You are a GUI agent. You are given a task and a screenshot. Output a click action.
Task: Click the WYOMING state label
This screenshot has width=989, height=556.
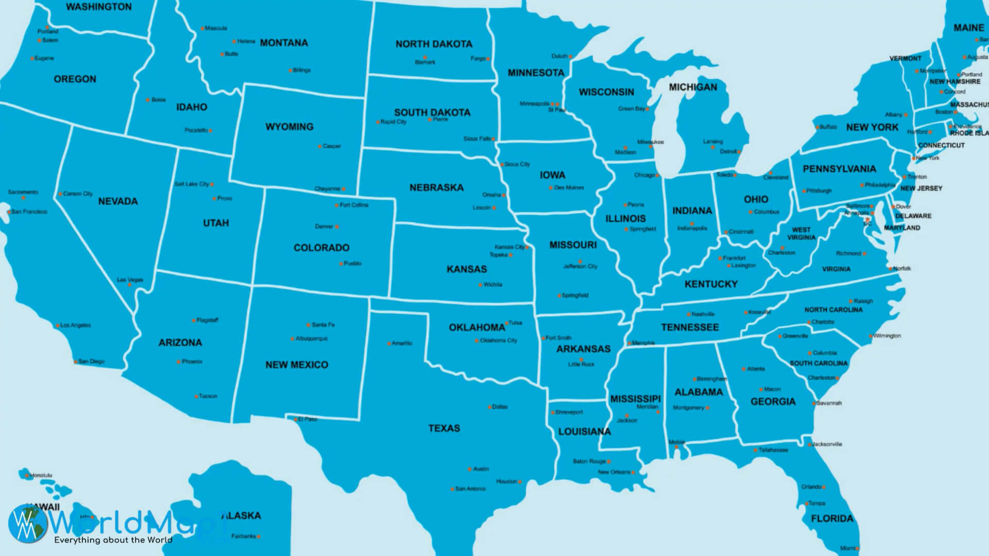coord(289,127)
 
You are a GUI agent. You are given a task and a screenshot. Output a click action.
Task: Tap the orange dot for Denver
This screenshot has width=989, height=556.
coord(337,227)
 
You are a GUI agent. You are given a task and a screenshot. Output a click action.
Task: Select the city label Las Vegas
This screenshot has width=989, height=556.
coord(130,280)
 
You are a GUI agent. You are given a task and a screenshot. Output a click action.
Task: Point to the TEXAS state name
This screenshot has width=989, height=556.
coord(444,428)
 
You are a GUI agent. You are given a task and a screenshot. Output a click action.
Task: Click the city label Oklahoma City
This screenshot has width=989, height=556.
coord(498,340)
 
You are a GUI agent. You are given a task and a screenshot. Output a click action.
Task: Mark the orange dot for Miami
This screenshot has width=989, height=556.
coord(858,549)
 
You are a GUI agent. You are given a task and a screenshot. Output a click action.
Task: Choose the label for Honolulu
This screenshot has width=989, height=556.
coord(41,475)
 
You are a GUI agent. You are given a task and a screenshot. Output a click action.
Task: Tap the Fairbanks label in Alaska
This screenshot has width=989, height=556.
coord(243,536)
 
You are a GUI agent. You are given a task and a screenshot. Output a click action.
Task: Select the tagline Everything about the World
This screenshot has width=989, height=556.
coord(113,540)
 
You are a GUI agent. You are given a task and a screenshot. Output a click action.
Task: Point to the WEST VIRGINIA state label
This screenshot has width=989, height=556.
coord(801,234)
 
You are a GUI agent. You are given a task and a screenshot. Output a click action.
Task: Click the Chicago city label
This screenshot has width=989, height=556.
coord(644,175)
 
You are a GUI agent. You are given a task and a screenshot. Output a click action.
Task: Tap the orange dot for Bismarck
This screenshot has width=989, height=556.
coord(425,57)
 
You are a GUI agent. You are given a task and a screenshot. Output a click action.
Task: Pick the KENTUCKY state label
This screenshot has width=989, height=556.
coord(711,284)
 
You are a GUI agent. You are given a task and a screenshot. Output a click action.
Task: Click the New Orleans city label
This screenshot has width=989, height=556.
coord(613,472)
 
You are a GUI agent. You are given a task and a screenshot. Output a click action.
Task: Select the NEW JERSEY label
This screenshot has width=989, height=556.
coord(921,188)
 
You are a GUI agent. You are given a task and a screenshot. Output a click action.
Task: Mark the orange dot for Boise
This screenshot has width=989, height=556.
coord(148,100)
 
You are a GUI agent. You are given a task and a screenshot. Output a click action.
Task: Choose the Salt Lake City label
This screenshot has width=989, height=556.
coord(191,184)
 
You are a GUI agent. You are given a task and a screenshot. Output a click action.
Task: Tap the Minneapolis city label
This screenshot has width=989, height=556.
coord(534,103)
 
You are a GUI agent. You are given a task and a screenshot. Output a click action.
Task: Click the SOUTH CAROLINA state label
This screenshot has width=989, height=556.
coord(819,363)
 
